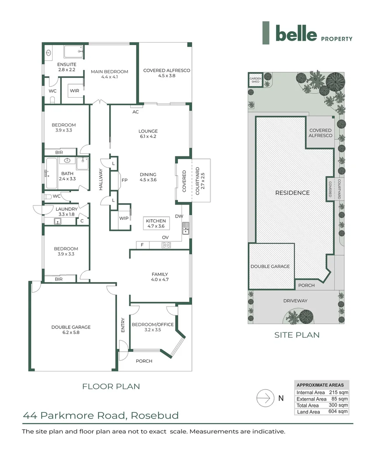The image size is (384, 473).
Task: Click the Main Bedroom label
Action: point(109,74)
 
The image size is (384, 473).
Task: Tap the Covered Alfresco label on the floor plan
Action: point(167,73)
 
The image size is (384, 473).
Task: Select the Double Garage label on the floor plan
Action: point(71,330)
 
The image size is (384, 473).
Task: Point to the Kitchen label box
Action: point(156,223)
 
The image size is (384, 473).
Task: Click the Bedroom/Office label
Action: point(153,327)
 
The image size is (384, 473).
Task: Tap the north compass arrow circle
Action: point(265,398)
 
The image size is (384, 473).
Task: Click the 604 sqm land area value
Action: point(338,411)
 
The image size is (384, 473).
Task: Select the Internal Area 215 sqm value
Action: point(338,392)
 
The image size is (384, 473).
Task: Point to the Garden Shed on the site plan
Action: point(256,80)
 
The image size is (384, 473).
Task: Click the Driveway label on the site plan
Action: point(295,301)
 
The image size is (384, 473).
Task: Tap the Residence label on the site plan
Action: point(292,193)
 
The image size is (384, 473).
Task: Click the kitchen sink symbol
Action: point(186,228)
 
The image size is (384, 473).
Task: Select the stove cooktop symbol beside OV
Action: point(166,245)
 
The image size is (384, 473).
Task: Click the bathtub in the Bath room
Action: point(51,173)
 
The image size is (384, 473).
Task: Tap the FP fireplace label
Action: point(124,180)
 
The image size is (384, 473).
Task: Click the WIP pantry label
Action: point(124,218)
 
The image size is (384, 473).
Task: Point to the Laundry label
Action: point(67,209)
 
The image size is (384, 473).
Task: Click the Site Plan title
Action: point(297,335)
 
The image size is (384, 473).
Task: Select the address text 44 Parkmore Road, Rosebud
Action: point(101,415)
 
